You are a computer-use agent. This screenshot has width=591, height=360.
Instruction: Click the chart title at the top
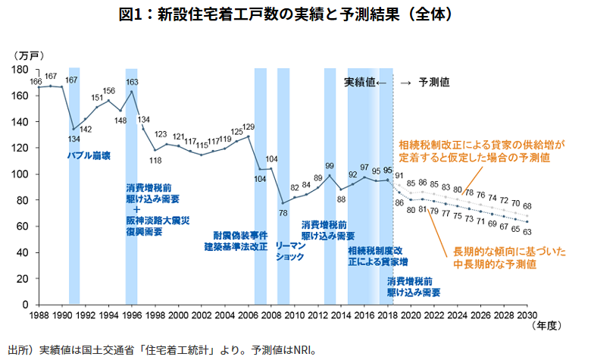click(295, 14)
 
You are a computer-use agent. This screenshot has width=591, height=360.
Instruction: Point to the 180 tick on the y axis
click(20, 70)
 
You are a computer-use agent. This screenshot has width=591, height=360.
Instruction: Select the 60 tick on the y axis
click(23, 226)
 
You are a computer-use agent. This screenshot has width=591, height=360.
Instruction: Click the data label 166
click(36, 81)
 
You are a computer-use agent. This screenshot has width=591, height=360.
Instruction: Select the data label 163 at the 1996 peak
click(132, 82)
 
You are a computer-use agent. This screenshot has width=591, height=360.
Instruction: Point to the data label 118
click(155, 161)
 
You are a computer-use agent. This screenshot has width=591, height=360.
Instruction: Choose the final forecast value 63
click(527, 232)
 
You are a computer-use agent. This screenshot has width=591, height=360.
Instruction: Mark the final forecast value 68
click(527, 205)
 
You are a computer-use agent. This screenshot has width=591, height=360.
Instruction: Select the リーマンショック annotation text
click(290, 252)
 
